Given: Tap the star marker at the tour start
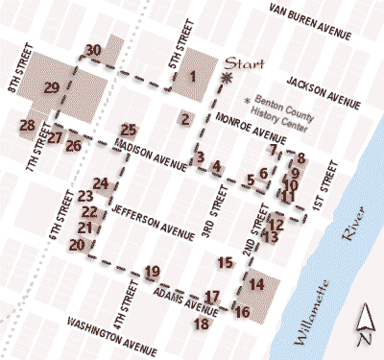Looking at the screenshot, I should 227,77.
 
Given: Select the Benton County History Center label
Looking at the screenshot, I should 285,107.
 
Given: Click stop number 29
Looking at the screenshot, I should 52,88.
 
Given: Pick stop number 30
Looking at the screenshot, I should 93,50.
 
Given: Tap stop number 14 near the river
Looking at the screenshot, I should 256,284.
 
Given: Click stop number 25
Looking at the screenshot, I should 129,130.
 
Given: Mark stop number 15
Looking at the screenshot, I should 226,262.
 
